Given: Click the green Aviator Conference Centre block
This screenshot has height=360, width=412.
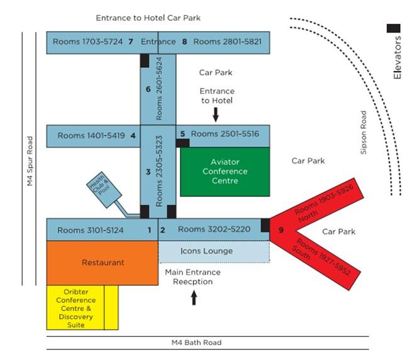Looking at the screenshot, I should (x=225, y=172).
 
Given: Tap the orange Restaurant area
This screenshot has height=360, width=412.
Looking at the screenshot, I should (x=103, y=262).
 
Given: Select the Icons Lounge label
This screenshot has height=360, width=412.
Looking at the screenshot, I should (x=206, y=251).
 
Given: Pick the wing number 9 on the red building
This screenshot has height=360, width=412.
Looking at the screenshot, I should (x=281, y=230).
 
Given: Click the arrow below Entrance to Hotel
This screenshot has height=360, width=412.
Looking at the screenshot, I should (x=216, y=114).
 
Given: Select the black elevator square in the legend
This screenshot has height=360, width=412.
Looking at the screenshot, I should (x=394, y=28).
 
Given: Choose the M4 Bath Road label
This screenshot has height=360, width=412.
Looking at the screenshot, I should (x=196, y=342).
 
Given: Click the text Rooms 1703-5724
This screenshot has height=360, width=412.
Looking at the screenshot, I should (x=87, y=42).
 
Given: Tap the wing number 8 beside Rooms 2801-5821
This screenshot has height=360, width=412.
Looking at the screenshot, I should (x=184, y=42).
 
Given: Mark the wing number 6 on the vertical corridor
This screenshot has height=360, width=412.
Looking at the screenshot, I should (x=148, y=89).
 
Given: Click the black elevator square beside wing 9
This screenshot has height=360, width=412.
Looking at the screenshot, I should (x=265, y=225).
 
